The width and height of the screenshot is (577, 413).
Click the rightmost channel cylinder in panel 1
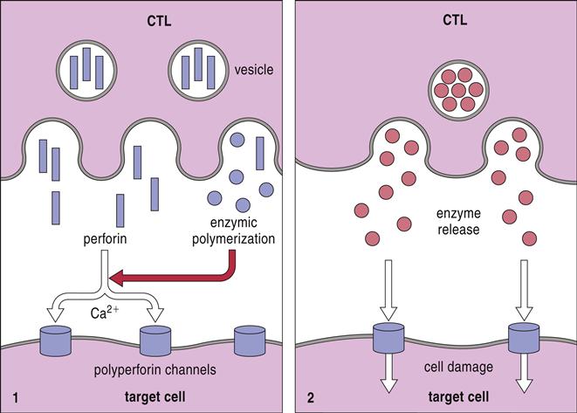tap(250, 335)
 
